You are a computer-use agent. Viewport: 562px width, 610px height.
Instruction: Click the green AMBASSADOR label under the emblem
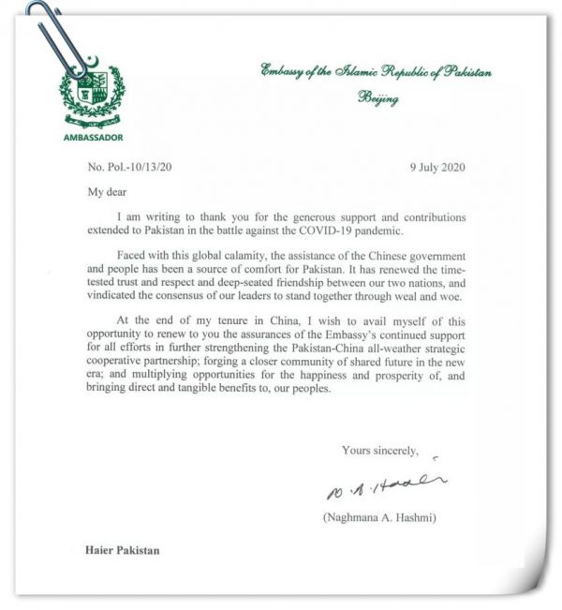click(92, 137)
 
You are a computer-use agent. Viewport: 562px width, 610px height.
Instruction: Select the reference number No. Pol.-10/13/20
click(128, 167)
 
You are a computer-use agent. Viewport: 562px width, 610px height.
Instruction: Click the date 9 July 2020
click(437, 167)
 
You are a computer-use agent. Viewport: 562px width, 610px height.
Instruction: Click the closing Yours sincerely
click(378, 450)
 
